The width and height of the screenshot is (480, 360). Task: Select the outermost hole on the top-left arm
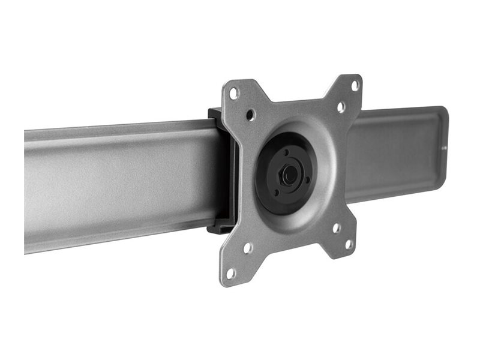tap(235, 93)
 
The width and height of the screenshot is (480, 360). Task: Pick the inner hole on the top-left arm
tap(251, 114)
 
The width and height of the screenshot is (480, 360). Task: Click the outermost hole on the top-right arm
tap(355, 86)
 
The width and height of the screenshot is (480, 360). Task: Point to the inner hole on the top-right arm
tap(341, 107)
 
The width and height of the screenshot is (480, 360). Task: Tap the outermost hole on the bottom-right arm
tap(349, 244)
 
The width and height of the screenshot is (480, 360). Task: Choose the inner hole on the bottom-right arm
tap(337, 228)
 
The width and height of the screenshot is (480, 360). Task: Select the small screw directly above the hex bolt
tap(287, 153)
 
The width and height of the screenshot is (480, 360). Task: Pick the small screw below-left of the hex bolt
tap(278, 193)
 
